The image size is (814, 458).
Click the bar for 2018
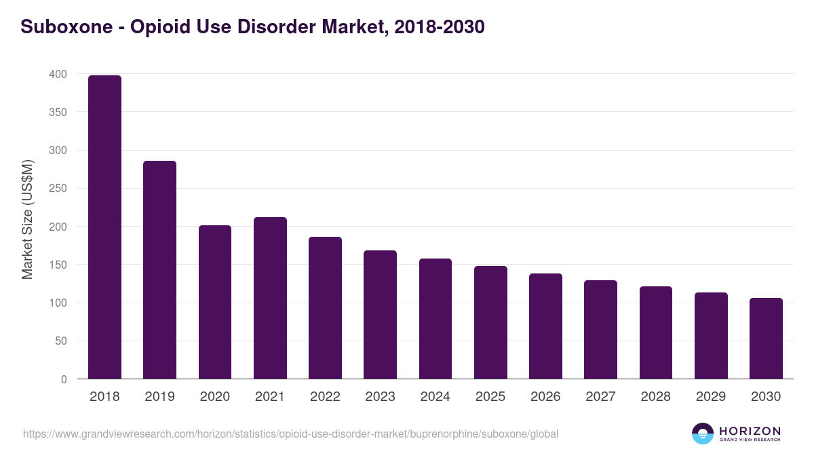[104, 227]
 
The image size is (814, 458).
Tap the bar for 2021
[270, 298]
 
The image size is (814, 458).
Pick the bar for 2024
[435, 319]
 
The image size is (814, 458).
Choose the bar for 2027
[600, 329]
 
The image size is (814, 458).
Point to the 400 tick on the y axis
[58, 74]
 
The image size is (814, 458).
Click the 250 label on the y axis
[58, 189]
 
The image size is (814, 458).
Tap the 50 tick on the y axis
[61, 341]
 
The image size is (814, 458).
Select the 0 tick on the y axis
[64, 379]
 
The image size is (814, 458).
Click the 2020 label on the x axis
[214, 397]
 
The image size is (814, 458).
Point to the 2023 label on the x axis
[380, 397]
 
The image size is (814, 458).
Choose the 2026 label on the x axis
[545, 397]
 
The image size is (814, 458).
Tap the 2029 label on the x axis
[711, 397]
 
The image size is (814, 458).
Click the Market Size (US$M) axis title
[27, 219]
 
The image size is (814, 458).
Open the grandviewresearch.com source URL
[290, 434]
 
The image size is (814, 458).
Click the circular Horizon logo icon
[702, 434]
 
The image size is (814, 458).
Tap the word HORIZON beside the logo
[750, 430]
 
